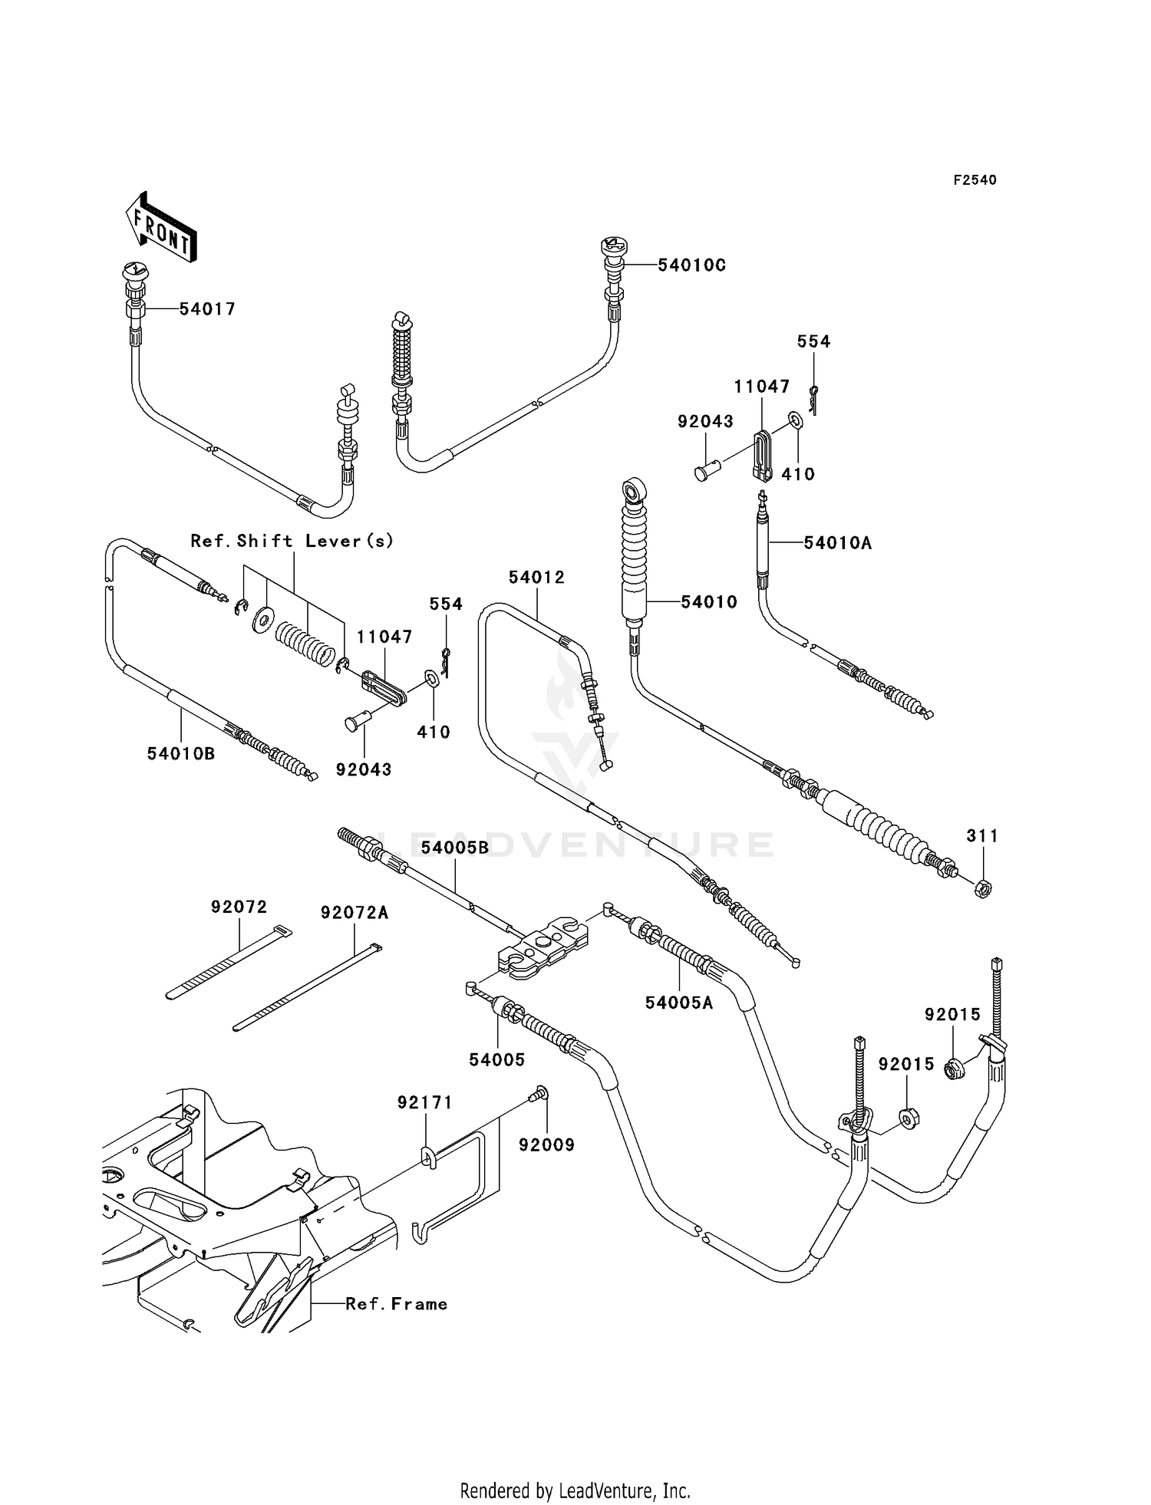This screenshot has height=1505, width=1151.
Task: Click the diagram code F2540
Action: [975, 180]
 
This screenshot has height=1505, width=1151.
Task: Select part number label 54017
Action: [207, 309]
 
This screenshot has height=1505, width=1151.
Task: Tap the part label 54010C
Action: [691, 265]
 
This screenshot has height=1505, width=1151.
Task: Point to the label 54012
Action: [536, 578]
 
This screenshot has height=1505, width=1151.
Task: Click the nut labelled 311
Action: [982, 889]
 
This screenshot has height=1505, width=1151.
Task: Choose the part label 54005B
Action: [455, 848]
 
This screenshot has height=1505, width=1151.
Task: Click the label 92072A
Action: [355, 913]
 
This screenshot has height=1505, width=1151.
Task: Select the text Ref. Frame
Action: [397, 1304]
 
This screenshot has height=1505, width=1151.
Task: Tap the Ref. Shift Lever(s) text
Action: [292, 541]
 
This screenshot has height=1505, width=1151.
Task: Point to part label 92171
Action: [425, 1102]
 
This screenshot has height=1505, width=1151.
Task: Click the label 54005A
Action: [679, 1003]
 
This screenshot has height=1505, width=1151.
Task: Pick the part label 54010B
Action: [181, 754]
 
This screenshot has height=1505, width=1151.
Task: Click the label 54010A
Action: [838, 543]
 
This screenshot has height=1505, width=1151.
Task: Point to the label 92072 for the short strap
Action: [239, 907]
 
